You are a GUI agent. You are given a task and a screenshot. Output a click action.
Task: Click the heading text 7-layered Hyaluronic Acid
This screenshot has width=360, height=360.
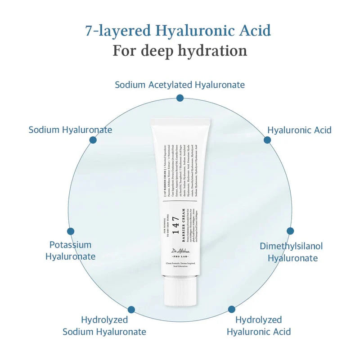(178, 31)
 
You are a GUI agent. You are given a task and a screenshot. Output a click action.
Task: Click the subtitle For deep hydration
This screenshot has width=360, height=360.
(180, 50)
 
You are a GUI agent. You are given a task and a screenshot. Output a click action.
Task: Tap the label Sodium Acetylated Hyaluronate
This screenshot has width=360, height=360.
(180, 85)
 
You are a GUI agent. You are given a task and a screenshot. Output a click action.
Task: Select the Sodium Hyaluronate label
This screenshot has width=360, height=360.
(70, 130)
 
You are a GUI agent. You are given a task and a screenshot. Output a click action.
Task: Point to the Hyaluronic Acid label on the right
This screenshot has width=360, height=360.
(299, 130)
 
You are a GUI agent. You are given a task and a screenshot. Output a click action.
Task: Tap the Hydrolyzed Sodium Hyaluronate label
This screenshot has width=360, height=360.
(104, 326)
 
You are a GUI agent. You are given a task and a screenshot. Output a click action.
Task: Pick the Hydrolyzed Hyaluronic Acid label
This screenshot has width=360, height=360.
(259, 326)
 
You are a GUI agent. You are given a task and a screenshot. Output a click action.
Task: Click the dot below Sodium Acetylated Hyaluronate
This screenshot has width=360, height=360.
(180, 98)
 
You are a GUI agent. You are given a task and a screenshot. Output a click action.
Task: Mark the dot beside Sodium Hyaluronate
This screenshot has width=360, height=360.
(93, 140)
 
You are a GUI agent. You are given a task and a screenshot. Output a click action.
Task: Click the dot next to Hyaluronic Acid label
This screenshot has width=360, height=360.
(267, 140)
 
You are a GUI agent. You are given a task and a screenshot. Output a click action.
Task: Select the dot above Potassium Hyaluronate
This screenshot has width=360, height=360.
(71, 231)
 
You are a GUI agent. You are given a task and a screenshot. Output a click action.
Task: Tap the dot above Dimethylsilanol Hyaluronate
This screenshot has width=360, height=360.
(290, 231)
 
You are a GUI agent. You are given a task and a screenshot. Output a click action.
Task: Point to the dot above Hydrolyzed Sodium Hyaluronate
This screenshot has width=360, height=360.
(131, 310)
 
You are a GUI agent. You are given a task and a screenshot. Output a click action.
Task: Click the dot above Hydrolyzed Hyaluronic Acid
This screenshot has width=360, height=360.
(231, 309)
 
